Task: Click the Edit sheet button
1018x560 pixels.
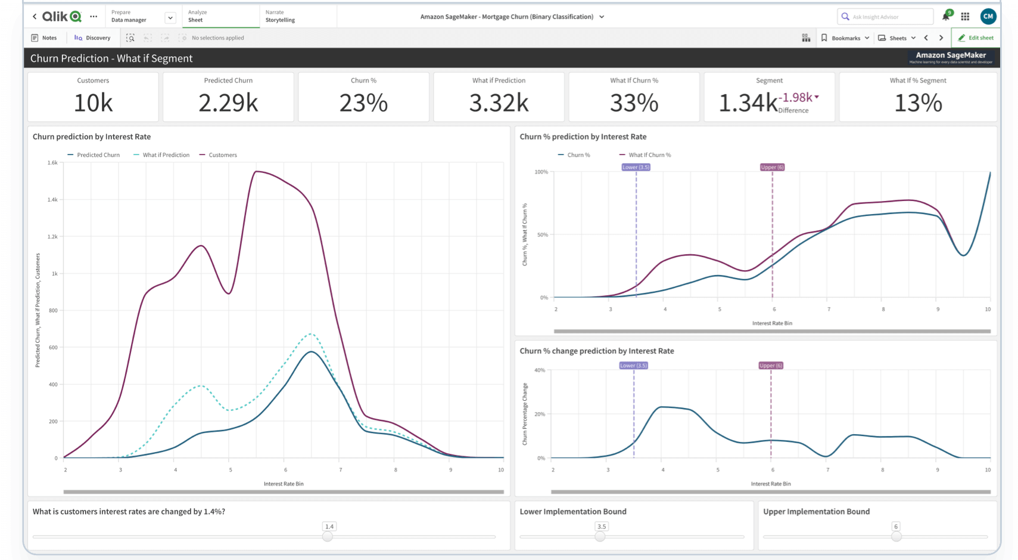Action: point(975,38)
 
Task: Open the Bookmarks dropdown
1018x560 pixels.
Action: point(845,38)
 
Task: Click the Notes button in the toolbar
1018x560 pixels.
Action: point(43,38)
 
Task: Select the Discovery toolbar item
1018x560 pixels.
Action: point(92,38)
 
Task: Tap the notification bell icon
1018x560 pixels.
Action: point(945,17)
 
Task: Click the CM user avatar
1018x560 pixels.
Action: point(988,17)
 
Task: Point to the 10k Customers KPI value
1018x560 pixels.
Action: point(93,103)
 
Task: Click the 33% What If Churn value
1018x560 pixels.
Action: point(634,103)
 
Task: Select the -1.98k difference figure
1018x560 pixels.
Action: point(797,98)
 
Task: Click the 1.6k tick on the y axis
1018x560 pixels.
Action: point(52,162)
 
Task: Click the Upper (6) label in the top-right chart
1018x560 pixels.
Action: point(772,167)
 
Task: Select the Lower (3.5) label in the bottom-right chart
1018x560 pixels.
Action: point(633,366)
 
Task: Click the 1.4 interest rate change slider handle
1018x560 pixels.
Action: point(328,536)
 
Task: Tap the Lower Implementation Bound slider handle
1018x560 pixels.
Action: point(600,536)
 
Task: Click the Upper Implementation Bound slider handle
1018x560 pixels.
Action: point(896,536)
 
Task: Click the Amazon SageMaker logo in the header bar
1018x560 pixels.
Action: point(951,57)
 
